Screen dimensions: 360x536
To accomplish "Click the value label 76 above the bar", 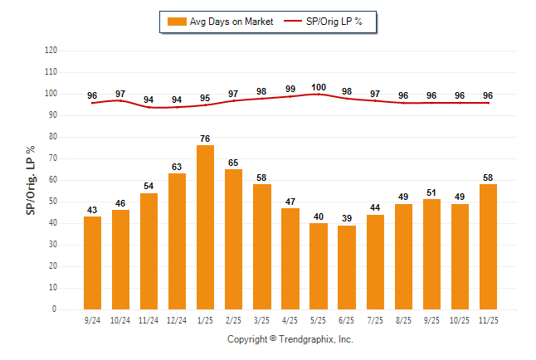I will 205,139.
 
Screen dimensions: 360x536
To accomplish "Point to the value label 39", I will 346,218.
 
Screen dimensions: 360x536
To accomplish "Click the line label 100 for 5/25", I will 318,87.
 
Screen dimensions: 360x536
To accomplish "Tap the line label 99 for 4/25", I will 290,89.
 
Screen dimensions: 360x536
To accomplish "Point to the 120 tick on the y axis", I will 51,51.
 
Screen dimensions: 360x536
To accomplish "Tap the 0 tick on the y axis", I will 55,309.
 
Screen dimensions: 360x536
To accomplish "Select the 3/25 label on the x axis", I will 261,319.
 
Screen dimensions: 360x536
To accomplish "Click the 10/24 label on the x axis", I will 120,319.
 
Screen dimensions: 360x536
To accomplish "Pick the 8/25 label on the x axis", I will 402,319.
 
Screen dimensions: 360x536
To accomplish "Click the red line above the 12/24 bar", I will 177,107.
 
